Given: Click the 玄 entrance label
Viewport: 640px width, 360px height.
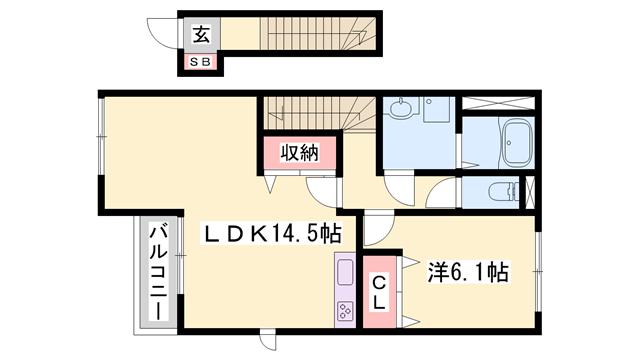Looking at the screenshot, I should [x=199, y=37].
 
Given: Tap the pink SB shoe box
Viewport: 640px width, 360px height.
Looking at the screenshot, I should [x=199, y=63].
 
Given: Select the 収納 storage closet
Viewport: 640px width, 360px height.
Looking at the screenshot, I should [x=298, y=153].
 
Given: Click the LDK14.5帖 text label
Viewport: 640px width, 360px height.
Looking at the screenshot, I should [x=272, y=234].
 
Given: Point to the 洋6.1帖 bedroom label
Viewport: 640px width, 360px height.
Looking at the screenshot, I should [x=469, y=272].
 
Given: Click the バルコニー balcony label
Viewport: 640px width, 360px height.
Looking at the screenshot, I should [x=157, y=271].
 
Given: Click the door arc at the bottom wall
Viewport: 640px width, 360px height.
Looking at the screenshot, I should [x=266, y=342].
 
